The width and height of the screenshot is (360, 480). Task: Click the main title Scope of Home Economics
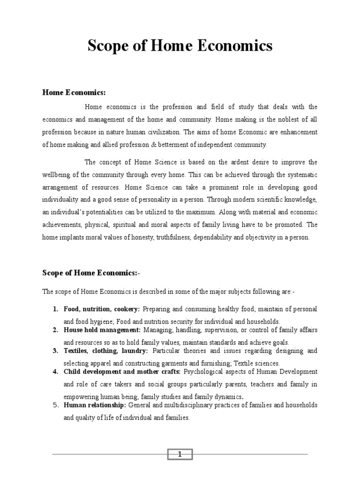coord(180,46)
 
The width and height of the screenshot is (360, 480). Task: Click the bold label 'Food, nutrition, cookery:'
coord(102,309)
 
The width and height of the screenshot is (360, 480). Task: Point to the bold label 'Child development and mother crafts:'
coord(122,372)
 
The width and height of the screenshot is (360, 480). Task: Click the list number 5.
coord(54,405)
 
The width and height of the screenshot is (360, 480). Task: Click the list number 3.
coord(54,351)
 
